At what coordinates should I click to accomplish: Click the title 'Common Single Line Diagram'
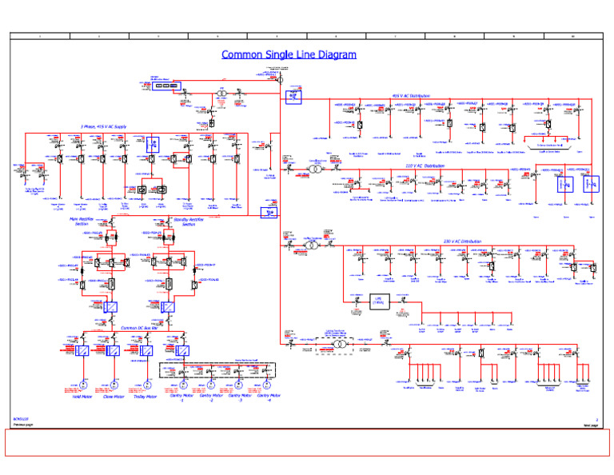pyautogui.click(x=289, y=54)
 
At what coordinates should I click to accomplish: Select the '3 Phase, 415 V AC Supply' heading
pyautogui.click(x=103, y=126)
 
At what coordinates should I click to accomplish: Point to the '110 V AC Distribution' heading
pyautogui.click(x=424, y=166)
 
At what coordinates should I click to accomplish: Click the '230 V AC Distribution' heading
pyautogui.click(x=463, y=241)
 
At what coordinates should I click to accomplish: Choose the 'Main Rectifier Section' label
pyautogui.click(x=82, y=221)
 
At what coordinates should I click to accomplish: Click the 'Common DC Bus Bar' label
pyautogui.click(x=140, y=328)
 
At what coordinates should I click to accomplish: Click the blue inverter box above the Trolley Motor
pyautogui.click(x=146, y=351)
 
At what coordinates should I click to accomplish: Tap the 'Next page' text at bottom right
pyautogui.click(x=590, y=424)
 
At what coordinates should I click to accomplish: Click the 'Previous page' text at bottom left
pyautogui.click(x=23, y=424)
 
